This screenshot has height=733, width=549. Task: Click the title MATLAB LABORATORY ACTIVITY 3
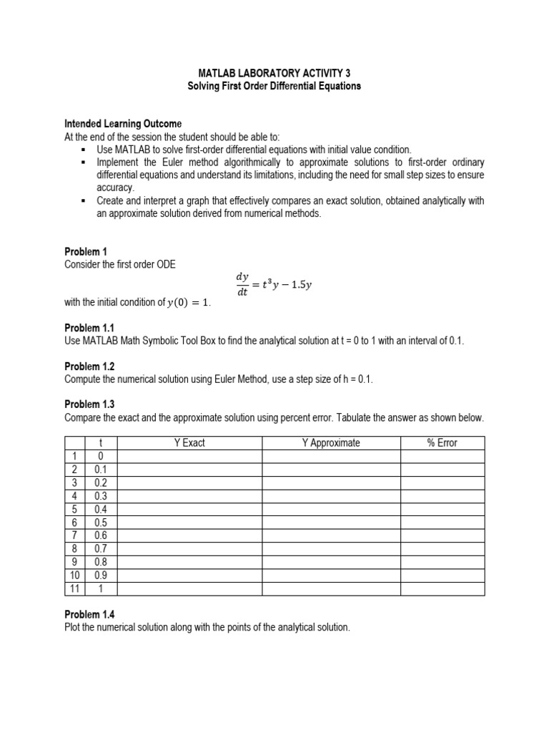(x=274, y=73)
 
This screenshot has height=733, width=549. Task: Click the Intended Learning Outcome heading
(x=123, y=124)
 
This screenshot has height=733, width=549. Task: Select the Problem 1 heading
(x=85, y=251)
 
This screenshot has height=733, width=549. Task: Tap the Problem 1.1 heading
(x=89, y=328)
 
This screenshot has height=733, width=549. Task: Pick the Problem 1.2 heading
(x=89, y=366)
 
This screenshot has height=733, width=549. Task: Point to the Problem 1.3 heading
(x=89, y=404)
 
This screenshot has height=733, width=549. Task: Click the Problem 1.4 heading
(x=89, y=614)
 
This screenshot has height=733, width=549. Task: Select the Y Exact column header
(x=189, y=443)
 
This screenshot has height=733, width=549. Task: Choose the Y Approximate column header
(x=331, y=443)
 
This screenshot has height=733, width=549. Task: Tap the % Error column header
(x=442, y=443)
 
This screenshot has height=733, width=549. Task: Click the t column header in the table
(x=101, y=443)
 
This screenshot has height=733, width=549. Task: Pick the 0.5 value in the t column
(x=101, y=523)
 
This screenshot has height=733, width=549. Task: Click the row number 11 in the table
(x=74, y=588)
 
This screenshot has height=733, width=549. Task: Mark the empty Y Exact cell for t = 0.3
(x=189, y=496)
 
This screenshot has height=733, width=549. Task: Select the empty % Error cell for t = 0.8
(x=442, y=562)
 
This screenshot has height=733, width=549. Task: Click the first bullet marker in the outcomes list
(x=84, y=150)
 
